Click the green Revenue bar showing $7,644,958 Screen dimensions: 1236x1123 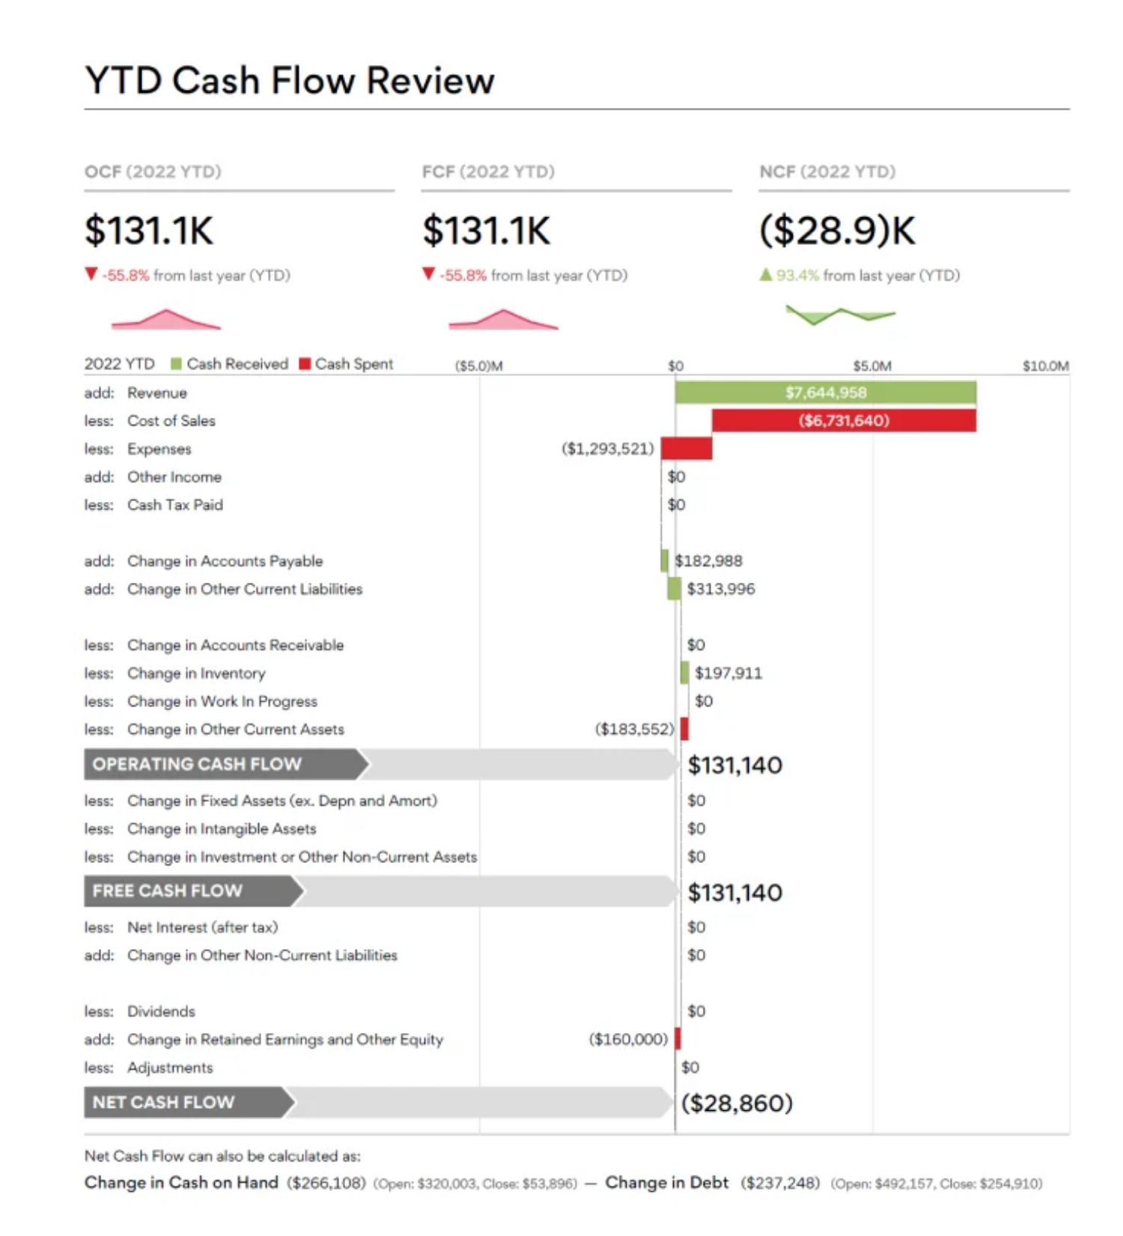pyautogui.click(x=825, y=393)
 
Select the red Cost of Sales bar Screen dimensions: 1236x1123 pyautogui.click(x=844, y=420)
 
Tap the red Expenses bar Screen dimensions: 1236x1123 pyautogui.click(x=687, y=449)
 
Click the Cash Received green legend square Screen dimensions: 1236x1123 pyautogui.click(x=177, y=364)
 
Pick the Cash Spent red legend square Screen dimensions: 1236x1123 pyautogui.click(x=305, y=364)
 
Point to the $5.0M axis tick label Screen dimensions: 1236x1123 pyautogui.click(x=872, y=366)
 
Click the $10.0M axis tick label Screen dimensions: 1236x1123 pyautogui.click(x=1045, y=366)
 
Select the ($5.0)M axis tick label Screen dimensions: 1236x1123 pyautogui.click(x=479, y=366)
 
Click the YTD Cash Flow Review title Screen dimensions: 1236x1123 pyautogui.click(x=289, y=80)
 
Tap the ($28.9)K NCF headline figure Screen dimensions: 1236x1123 pyautogui.click(x=837, y=230)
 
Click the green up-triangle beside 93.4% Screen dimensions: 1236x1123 pyautogui.click(x=765, y=275)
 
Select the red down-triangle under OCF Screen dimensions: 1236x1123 pyautogui.click(x=91, y=274)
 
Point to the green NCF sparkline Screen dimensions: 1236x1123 pyautogui.click(x=840, y=315)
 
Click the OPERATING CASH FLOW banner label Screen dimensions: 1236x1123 pyautogui.click(x=197, y=764)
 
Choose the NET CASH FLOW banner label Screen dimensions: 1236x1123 pyautogui.click(x=163, y=1103)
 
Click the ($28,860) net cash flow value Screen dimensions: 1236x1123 pyautogui.click(x=737, y=1103)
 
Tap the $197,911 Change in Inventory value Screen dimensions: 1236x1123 pyautogui.click(x=728, y=673)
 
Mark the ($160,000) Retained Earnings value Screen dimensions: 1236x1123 pyautogui.click(x=628, y=1039)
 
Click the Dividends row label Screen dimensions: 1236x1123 pyautogui.click(x=161, y=1011)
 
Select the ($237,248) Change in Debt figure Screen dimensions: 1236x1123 pyautogui.click(x=780, y=1183)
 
